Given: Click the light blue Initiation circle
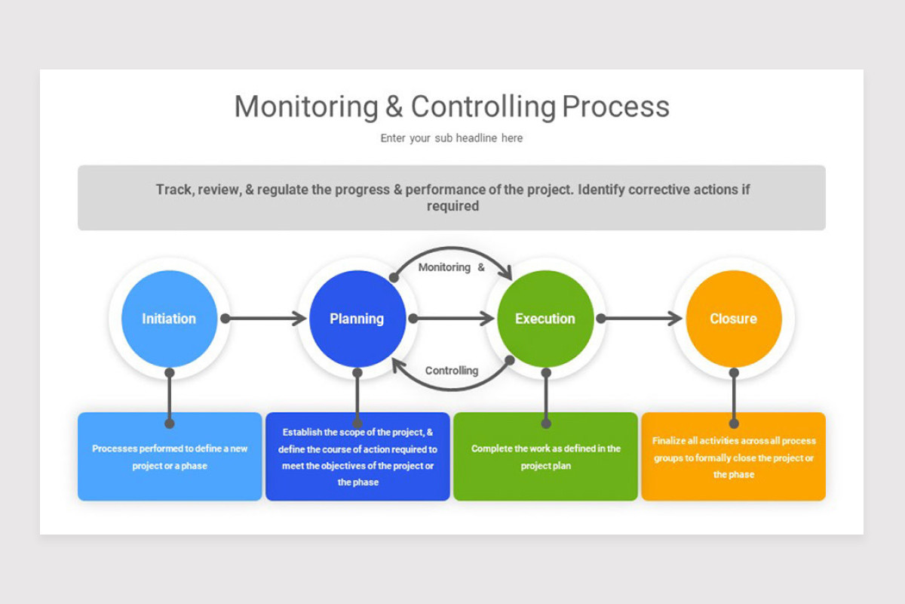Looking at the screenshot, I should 169,319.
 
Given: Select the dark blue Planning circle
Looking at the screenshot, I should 357,319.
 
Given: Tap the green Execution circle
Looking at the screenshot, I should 545,319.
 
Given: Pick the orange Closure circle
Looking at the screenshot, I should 733,319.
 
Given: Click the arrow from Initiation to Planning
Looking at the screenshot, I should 265,319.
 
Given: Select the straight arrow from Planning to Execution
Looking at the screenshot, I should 452,319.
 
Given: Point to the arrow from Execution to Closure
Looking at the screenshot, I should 641,319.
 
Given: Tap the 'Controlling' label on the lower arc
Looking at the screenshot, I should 451,371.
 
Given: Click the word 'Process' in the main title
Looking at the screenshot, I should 615,106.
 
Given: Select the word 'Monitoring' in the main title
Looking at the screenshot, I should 305,106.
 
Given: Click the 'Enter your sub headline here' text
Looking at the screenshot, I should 451,138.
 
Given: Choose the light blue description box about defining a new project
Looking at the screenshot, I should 170,457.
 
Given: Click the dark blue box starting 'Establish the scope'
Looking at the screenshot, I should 358,457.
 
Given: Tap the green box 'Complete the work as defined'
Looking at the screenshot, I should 545,457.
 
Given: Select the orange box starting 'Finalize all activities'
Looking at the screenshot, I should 733,457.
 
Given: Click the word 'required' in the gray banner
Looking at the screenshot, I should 452,206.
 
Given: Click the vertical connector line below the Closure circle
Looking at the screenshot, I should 734,396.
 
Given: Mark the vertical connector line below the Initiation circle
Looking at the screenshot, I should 170,396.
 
